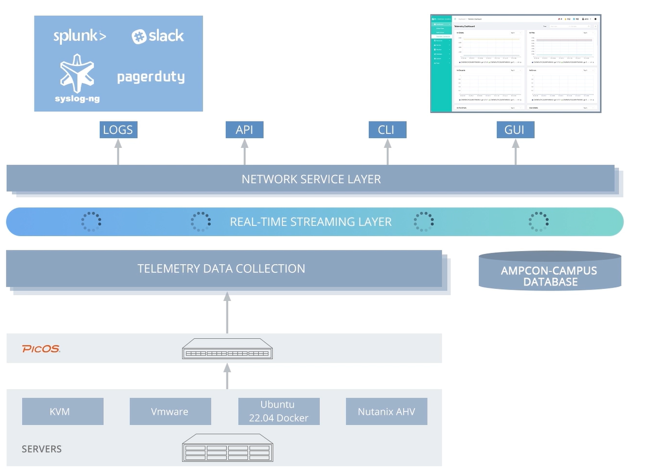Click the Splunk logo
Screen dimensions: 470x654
80,36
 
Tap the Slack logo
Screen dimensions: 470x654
158,36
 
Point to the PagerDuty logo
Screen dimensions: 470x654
151,77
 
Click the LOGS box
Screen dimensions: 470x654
118,130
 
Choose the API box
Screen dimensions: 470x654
244,130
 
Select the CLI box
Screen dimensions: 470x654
387,130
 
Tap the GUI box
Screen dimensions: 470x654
515,130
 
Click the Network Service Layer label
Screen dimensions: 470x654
311,179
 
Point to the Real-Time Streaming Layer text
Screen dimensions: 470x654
310,222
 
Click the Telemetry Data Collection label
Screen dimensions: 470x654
221,268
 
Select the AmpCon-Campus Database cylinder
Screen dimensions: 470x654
550,272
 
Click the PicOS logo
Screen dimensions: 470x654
41,348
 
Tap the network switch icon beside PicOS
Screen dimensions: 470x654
227,349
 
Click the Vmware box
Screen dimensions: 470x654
170,412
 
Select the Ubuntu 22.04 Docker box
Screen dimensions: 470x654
279,412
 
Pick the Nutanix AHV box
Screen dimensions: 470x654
386,412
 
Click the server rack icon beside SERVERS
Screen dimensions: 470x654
227,448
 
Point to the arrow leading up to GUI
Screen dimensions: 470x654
515,152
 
